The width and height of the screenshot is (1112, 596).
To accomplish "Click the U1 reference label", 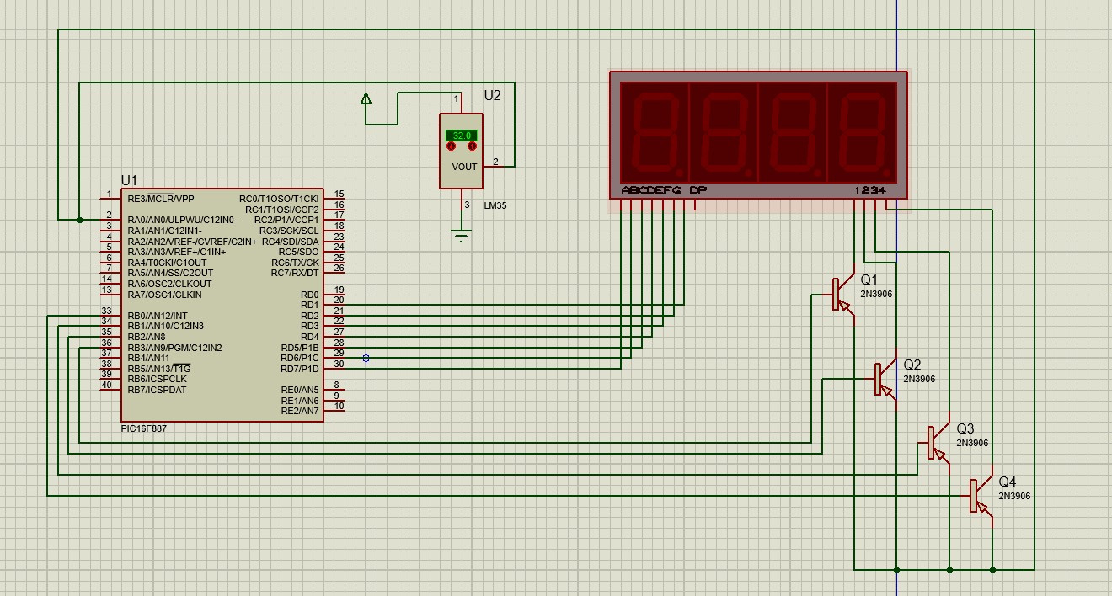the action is pos(129,180).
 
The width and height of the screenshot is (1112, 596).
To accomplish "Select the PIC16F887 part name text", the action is pos(143,428).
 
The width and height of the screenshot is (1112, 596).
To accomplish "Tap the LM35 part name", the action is pos(495,205).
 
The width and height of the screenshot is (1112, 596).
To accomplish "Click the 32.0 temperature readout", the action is pos(462,136).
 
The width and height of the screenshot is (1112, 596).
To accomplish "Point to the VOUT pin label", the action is pos(464,168).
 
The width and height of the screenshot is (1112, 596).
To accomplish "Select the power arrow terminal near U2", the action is pos(366,98).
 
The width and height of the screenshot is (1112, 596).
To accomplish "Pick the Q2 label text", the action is pos(912,365).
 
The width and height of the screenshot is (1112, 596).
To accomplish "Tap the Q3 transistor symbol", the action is pos(938,443).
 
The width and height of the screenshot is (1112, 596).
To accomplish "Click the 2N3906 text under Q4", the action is pos(1014,497).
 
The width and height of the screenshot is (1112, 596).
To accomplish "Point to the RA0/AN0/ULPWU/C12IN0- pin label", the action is pos(182,220).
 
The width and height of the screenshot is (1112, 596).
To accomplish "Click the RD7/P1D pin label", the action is pos(299,369).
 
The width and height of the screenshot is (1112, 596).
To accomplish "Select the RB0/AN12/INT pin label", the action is pos(158,316).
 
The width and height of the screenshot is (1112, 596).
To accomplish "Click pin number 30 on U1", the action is pos(339,364).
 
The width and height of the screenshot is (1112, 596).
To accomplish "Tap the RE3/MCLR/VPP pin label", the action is pos(161,199).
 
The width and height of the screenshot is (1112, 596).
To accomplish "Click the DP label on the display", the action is pos(698,190).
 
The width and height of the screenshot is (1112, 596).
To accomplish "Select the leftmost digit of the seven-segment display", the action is pos(655,132).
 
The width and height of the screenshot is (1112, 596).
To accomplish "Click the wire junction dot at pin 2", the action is pos(79,220).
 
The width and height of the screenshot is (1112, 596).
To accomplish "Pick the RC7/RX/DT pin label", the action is pos(295,273).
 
